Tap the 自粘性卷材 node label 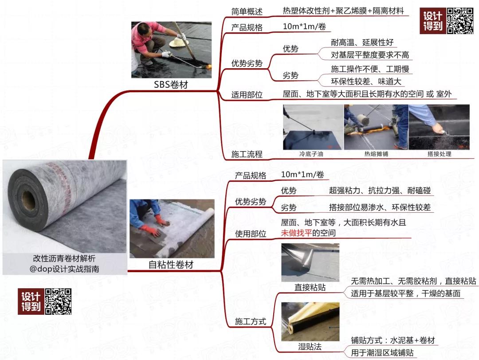tap(171, 265)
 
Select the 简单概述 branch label tap(247, 11)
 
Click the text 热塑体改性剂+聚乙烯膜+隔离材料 tap(343, 11)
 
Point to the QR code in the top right tap(460, 21)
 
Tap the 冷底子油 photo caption tap(313, 154)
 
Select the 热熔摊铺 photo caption tap(376, 154)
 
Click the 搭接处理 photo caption tap(439, 154)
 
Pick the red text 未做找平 tap(296, 233)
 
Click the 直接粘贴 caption tap(310, 287)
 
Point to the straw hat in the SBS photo tap(179, 42)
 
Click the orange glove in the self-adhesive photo tap(150, 230)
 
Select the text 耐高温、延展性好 tap(362, 43)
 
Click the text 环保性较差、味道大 tap(366, 81)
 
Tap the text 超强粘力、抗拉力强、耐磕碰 tap(380, 190)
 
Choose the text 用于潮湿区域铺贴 tap(382, 352)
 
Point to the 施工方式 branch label tap(250, 321)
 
